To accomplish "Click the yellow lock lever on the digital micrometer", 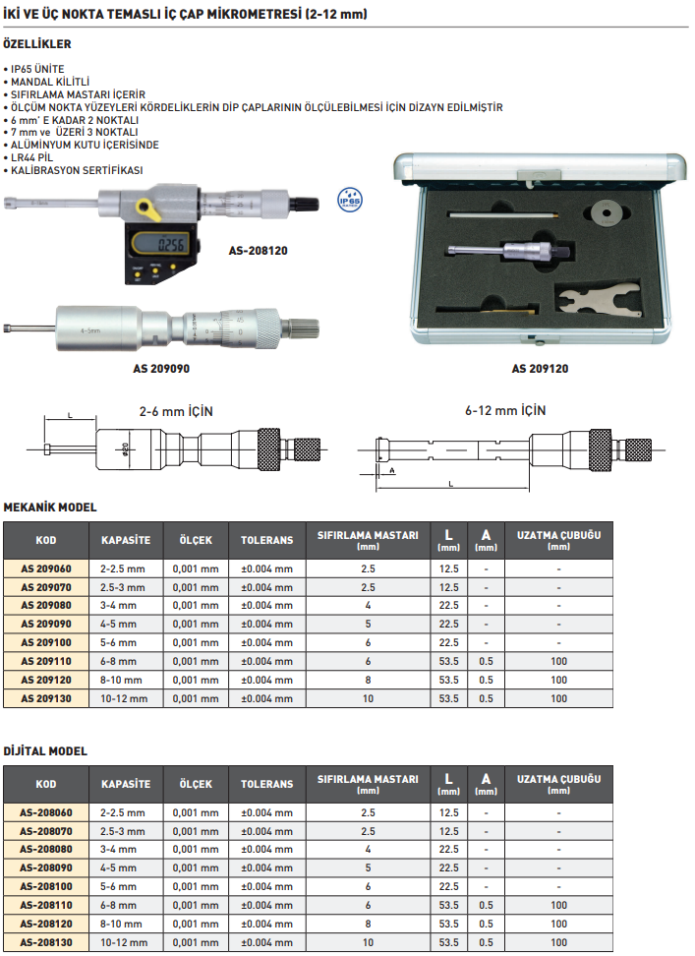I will point(147,209).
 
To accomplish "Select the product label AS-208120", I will point(259,251).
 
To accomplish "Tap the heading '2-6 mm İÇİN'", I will point(176,409).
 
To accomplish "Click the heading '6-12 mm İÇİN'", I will point(505,409).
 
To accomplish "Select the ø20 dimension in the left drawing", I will point(126,448).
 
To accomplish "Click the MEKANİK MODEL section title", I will point(51,507).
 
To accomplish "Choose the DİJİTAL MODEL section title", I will point(45,750).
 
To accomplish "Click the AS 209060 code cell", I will point(46,568).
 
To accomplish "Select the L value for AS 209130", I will point(449,698).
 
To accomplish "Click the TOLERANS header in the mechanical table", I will point(266,540).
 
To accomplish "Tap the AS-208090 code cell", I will point(46,868).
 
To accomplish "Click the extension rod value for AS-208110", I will point(558,905).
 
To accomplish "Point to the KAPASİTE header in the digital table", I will point(126,784).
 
